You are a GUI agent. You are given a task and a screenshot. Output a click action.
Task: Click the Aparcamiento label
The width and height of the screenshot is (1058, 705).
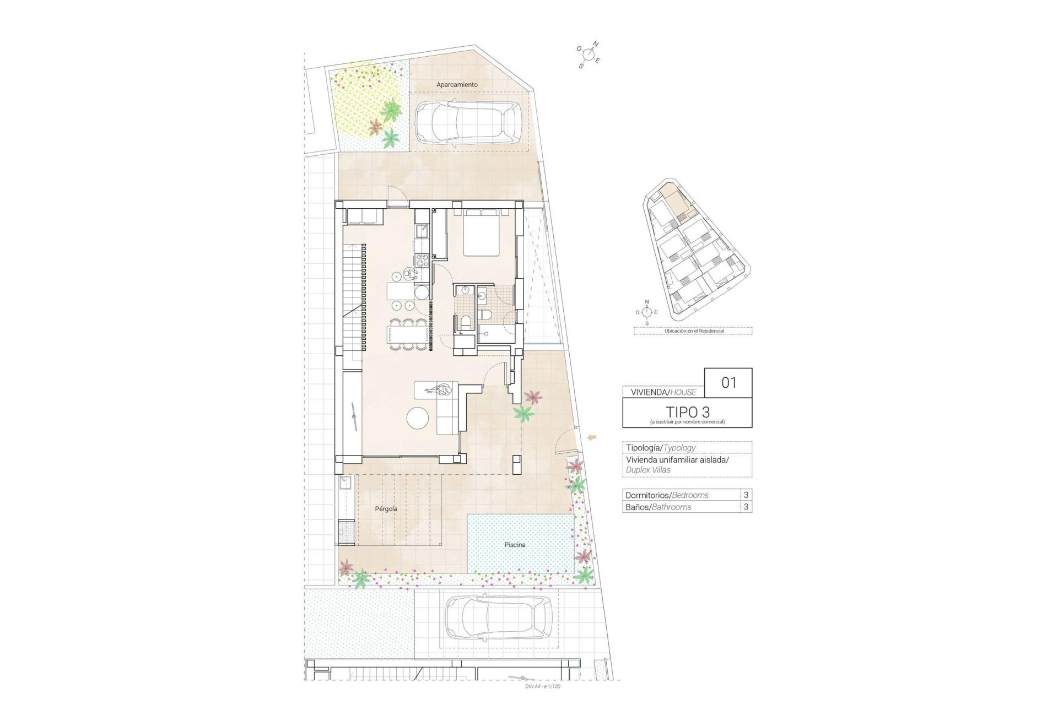point(457,85)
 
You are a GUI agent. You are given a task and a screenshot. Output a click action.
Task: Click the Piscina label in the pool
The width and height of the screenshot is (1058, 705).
point(515,545)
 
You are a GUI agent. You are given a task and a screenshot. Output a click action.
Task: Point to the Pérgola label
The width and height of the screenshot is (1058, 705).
point(386,509)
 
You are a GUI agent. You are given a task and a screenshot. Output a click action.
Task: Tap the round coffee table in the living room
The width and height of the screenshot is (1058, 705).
point(417,418)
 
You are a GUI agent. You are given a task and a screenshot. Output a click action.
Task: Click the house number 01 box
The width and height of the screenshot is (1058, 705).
point(728,382)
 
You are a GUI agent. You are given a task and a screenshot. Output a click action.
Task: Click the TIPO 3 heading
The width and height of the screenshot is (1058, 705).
point(687,411)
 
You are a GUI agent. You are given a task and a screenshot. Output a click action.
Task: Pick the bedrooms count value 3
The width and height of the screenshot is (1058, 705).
point(746,495)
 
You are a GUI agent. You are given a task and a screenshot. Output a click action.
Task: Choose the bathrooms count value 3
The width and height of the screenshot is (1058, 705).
point(746,507)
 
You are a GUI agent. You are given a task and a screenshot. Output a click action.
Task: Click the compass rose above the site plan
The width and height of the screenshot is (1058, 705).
point(589,55)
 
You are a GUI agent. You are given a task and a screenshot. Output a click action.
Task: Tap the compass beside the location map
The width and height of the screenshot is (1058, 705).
point(647,312)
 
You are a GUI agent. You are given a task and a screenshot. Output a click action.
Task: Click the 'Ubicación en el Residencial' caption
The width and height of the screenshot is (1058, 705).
point(693,331)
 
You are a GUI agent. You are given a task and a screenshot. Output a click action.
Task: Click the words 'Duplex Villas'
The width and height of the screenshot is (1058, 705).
point(648,470)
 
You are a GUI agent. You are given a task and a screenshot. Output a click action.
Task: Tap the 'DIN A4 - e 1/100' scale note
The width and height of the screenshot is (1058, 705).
point(543,686)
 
